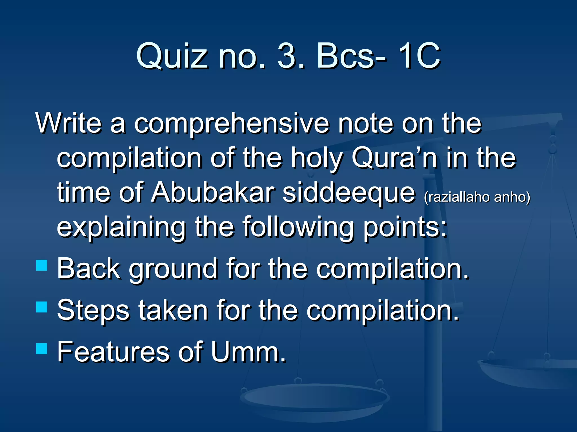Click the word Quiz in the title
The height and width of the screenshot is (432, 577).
coord(172,56)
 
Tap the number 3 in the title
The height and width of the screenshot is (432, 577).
coord(290,56)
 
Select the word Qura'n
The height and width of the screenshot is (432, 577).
coord(394,158)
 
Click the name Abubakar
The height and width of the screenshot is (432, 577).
coord(213,193)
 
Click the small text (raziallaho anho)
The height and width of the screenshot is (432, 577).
coord(477,197)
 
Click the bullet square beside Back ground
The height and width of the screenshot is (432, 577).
coord(42,265)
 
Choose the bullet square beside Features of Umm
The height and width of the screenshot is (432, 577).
coord(42,348)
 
